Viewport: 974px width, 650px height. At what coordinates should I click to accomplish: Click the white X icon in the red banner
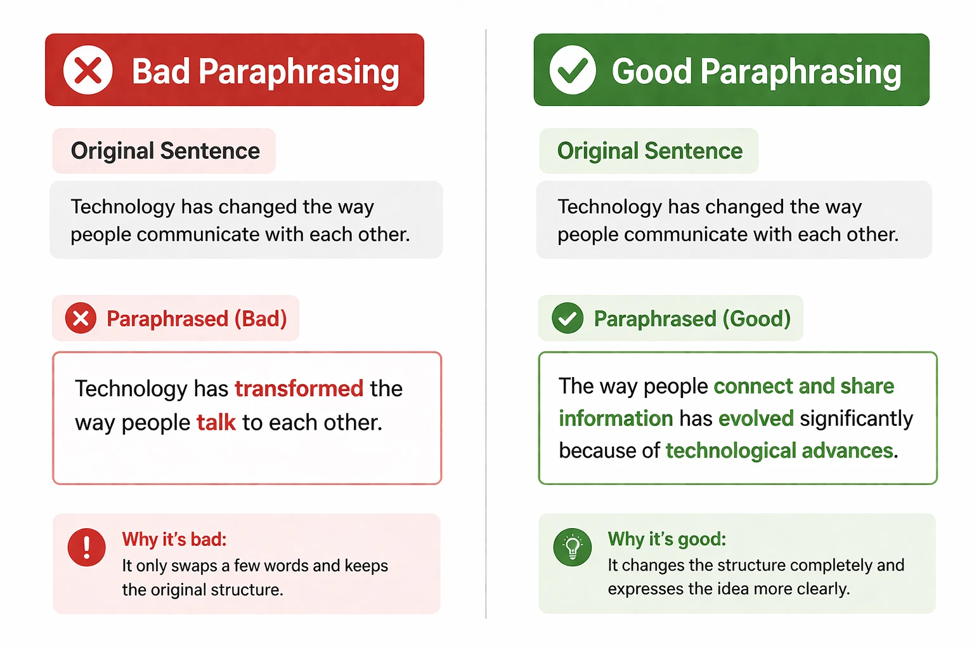click(x=88, y=70)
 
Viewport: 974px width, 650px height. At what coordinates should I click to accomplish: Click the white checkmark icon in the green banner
click(x=573, y=70)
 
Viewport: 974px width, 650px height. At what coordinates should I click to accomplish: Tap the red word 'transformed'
click(x=299, y=388)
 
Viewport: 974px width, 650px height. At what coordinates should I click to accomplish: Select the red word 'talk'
click(x=216, y=423)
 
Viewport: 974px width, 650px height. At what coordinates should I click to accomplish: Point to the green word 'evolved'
click(x=756, y=419)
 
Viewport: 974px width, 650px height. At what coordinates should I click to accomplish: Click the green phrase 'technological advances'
click(x=779, y=451)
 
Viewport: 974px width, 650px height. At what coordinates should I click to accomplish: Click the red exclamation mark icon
click(x=86, y=547)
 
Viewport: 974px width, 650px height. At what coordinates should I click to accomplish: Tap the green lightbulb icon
click(x=572, y=547)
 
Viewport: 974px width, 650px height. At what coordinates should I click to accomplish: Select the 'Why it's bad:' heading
click(x=174, y=540)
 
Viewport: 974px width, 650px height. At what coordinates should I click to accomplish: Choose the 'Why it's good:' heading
click(x=666, y=539)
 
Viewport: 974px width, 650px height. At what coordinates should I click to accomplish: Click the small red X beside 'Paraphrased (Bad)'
click(x=81, y=318)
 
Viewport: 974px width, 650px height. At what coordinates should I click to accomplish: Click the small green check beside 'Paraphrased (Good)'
click(x=567, y=318)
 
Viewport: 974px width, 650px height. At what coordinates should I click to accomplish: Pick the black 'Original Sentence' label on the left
click(x=165, y=151)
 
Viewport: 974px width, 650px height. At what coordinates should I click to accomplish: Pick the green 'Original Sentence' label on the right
click(x=649, y=151)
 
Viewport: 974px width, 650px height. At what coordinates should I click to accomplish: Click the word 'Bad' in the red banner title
click(x=160, y=71)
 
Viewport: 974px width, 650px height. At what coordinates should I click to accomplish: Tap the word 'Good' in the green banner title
click(x=651, y=71)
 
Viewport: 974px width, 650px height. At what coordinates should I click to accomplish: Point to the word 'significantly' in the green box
click(x=856, y=419)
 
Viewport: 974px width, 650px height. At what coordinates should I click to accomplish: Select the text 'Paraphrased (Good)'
click(x=692, y=319)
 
